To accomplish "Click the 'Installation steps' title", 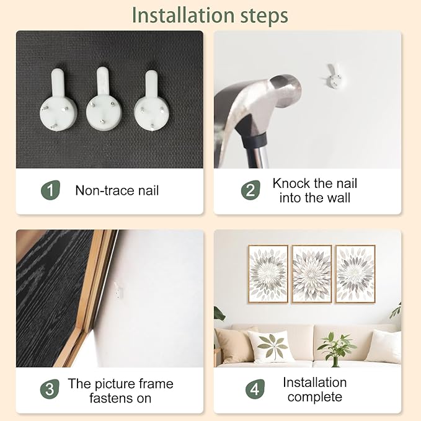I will click(x=210, y=15).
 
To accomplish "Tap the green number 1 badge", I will click(x=51, y=190).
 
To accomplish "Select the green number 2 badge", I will click(x=250, y=190).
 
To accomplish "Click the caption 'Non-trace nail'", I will click(x=117, y=190).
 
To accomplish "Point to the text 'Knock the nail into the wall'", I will click(x=314, y=190).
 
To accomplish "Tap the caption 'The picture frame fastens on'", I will click(x=120, y=391).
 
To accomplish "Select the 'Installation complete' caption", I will click(x=314, y=390).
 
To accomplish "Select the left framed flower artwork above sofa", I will click(x=268, y=274).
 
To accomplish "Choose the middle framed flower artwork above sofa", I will click(x=311, y=274).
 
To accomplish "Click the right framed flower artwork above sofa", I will click(x=355, y=274).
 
